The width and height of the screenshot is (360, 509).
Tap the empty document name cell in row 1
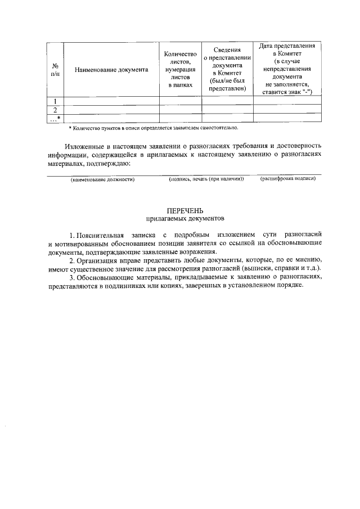111,101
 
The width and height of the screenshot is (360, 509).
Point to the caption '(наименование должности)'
102,179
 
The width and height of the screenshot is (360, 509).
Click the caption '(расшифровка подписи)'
287,179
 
